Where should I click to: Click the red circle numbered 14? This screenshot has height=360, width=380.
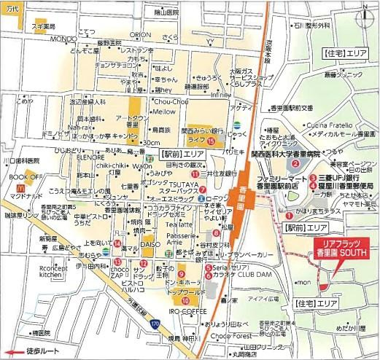117,243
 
